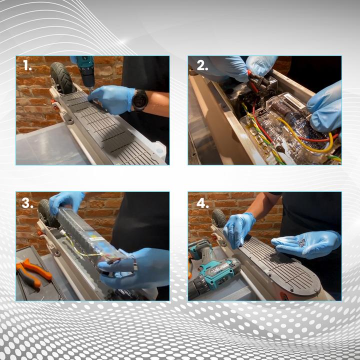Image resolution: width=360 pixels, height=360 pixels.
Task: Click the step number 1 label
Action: pyautogui.click(x=27, y=65)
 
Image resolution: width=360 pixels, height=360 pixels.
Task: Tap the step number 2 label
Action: pyautogui.click(x=202, y=65)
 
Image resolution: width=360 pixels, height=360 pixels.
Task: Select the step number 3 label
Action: pyautogui.click(x=27, y=203)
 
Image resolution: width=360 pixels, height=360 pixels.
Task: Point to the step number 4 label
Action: pyautogui.click(x=202, y=203)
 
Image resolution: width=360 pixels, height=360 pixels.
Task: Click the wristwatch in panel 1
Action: pyautogui.click(x=139, y=100)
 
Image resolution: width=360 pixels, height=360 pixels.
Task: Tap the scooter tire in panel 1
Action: pyautogui.click(x=61, y=78)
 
